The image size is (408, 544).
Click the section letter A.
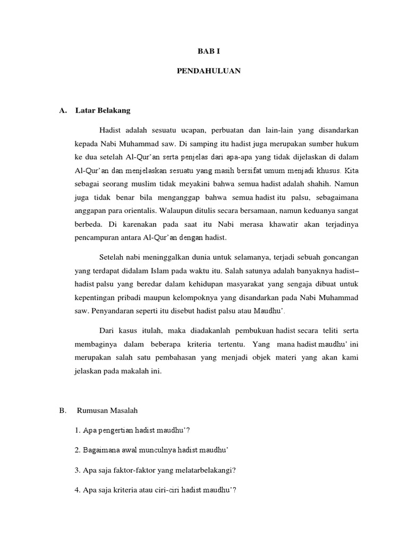[63, 111]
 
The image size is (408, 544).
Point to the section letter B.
[62, 411]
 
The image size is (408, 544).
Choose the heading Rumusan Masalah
[107, 411]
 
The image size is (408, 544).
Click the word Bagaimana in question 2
[100, 449]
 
